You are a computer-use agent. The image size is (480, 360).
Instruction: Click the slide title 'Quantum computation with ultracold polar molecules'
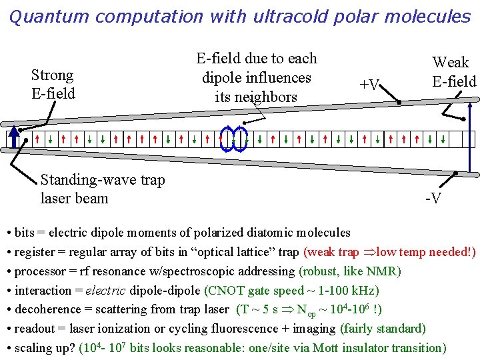(x=240, y=16)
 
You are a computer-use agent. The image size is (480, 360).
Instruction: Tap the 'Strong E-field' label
(x=53, y=85)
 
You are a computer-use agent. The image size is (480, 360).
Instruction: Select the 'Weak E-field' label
(x=453, y=72)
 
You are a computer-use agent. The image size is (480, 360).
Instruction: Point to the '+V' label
(x=369, y=85)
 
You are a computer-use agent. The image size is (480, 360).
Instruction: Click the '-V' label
(x=433, y=198)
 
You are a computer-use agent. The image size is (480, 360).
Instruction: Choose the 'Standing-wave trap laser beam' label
(x=103, y=189)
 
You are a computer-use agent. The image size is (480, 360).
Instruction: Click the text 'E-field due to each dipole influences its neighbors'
(x=257, y=78)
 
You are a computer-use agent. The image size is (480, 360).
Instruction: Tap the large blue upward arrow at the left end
(x=13, y=139)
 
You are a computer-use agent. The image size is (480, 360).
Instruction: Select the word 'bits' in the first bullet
(x=24, y=233)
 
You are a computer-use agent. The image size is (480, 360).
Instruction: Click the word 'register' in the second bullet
(x=34, y=252)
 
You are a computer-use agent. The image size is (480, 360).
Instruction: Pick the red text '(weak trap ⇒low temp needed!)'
(x=389, y=252)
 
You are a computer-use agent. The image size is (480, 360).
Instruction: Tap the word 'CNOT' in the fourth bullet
(x=230, y=291)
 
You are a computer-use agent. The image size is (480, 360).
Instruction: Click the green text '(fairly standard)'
(x=383, y=329)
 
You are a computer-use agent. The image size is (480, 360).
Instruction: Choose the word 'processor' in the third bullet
(x=39, y=271)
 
